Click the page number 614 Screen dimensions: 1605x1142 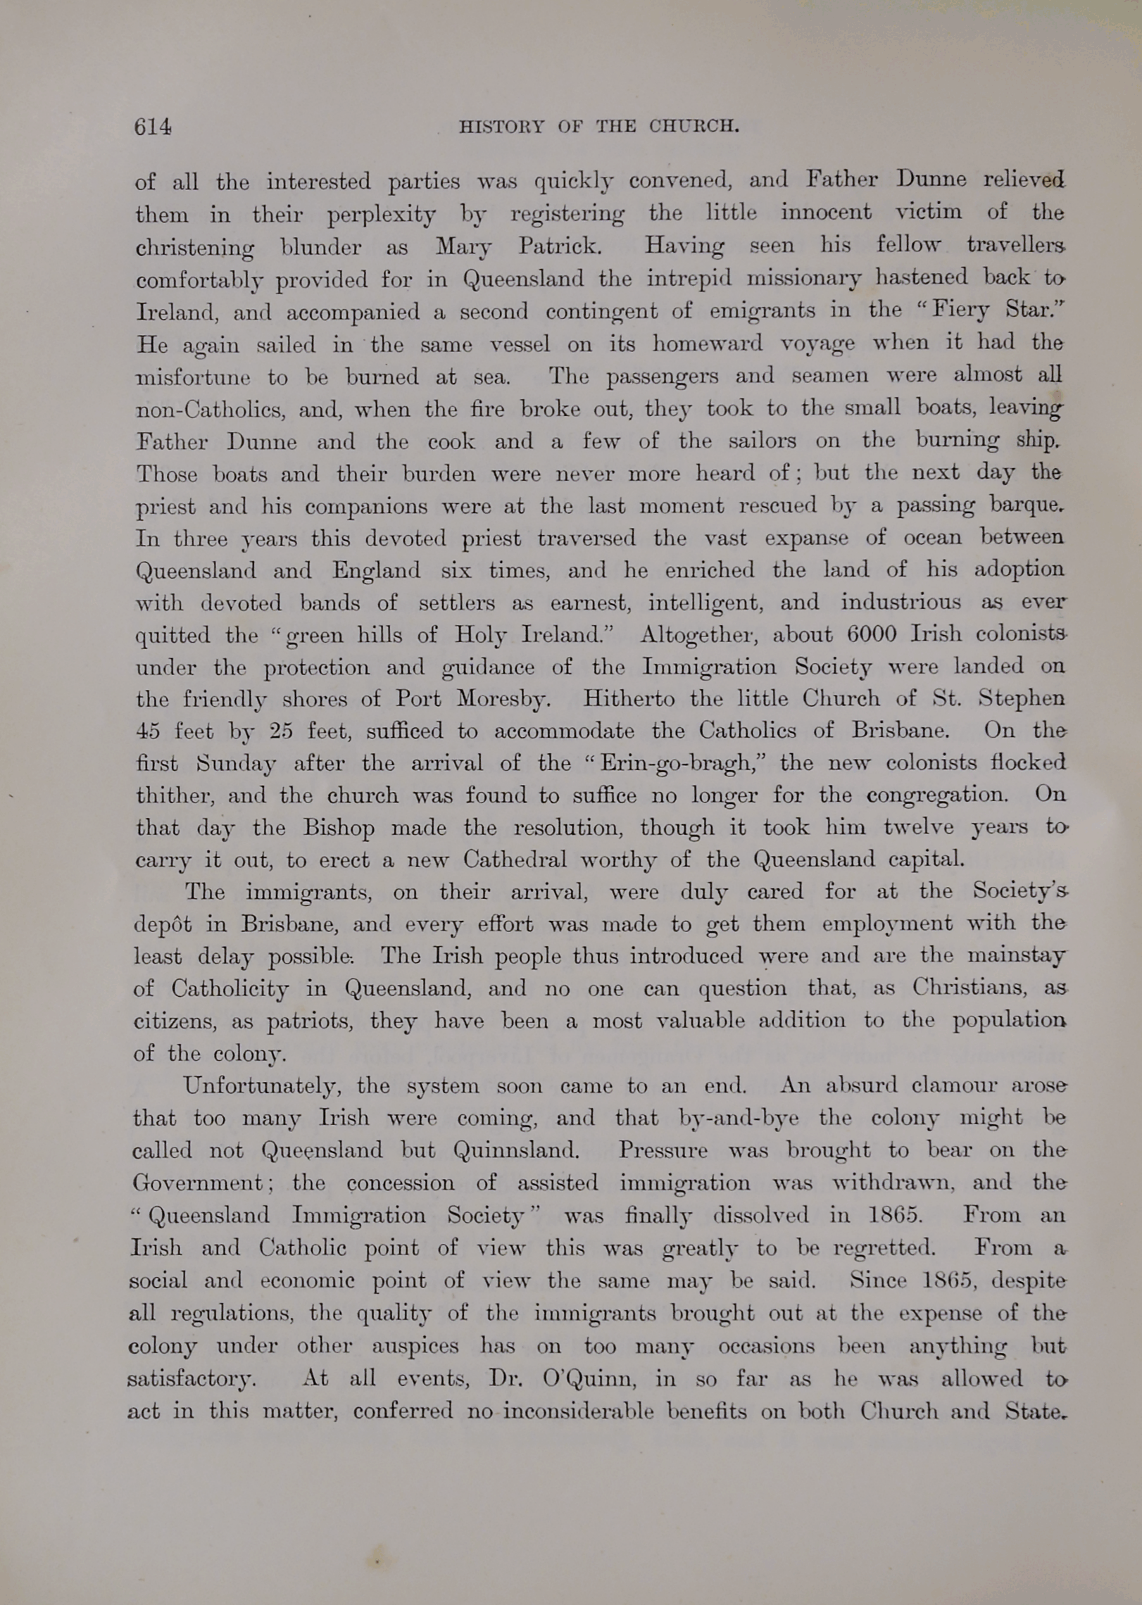pos(152,127)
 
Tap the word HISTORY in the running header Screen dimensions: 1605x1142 pos(501,127)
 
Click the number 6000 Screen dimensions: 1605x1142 pos(872,634)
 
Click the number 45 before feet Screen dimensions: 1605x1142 pos(148,731)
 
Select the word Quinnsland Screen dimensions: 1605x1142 pos(516,1151)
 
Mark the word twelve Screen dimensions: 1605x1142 pos(918,827)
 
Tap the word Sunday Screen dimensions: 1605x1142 pos(236,764)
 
